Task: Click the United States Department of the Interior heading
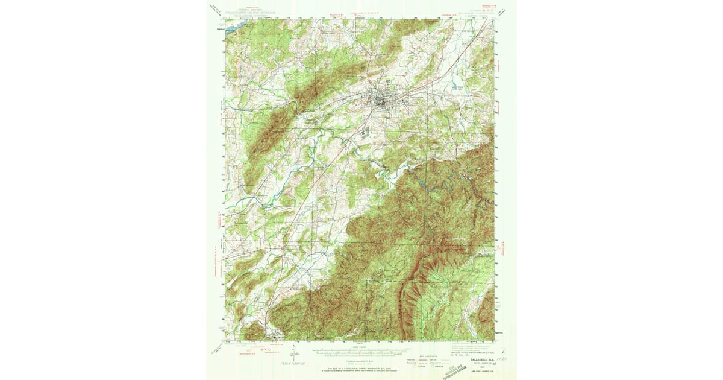pos(247,11)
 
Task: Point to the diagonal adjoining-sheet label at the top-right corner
pos(504,8)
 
